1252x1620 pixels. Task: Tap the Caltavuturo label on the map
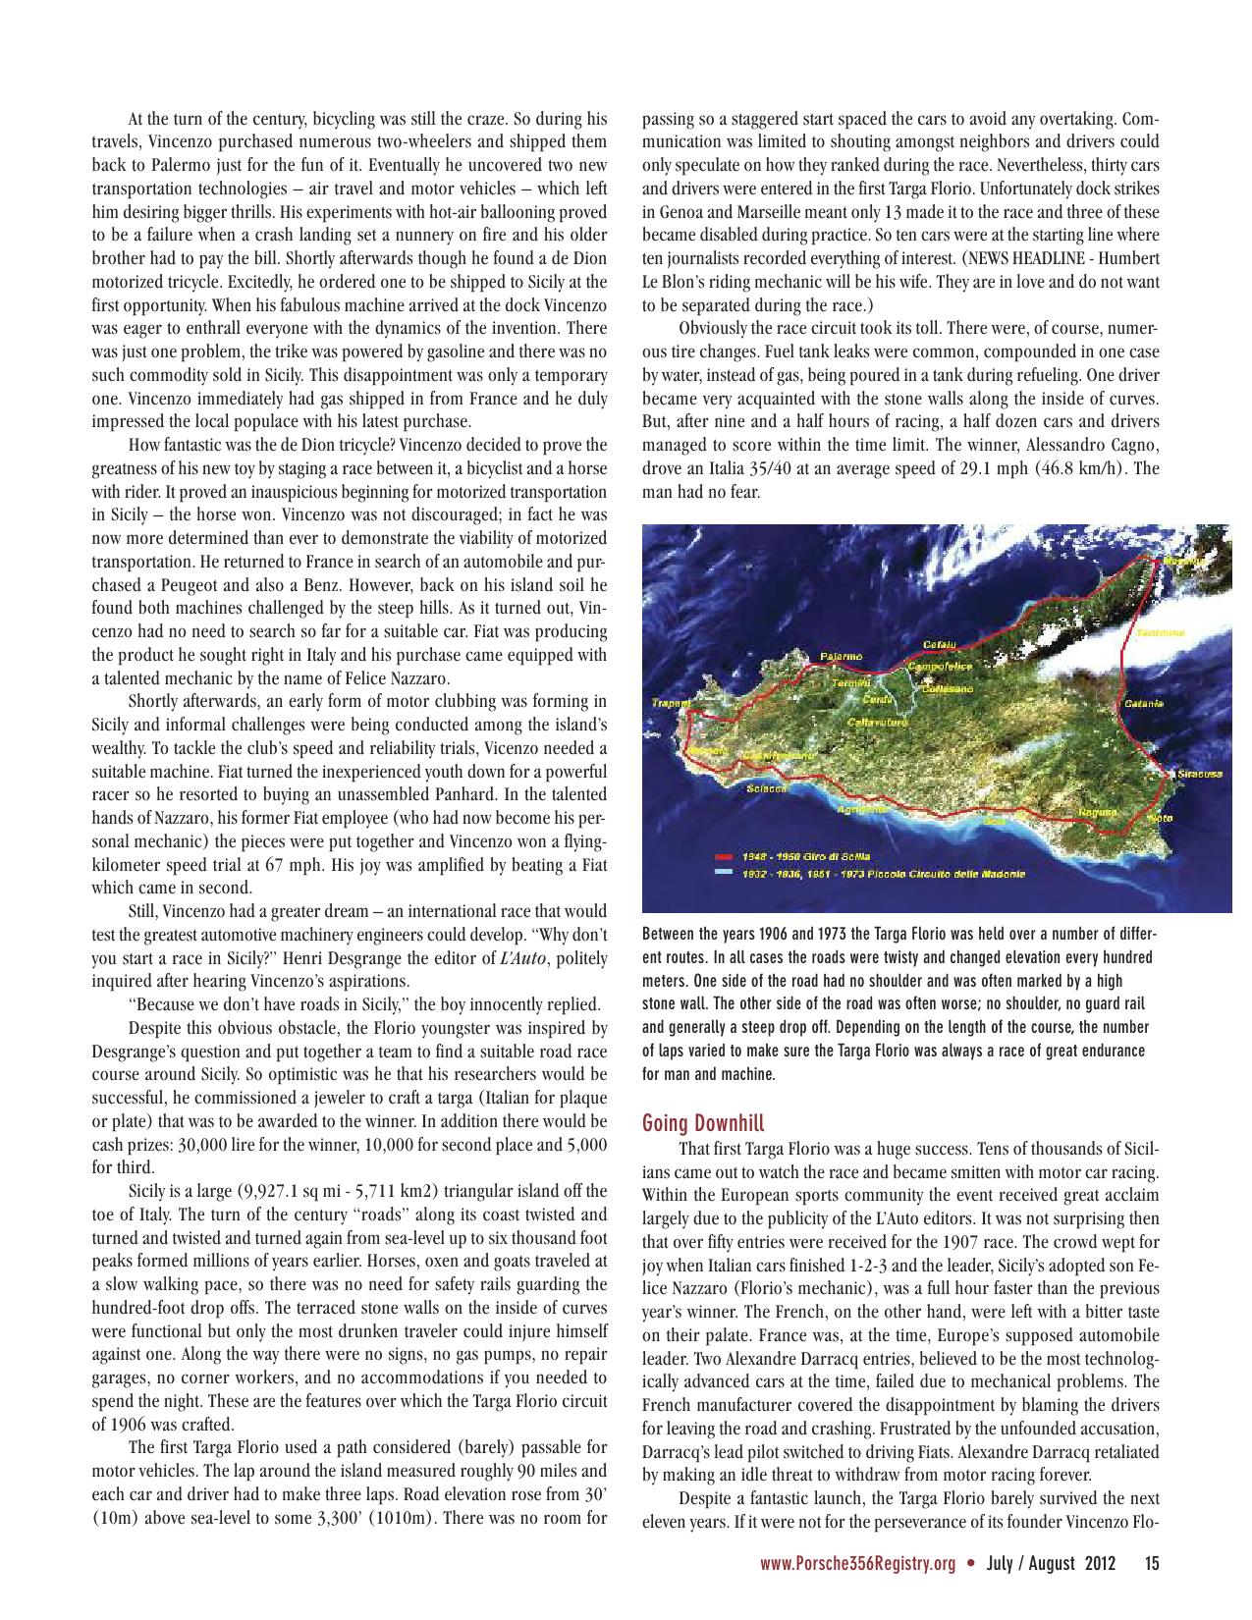[876, 722]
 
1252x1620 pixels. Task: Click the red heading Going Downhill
[702, 1122]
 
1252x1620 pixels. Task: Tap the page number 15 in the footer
[1151, 1564]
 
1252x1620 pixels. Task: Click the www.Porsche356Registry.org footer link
[857, 1564]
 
